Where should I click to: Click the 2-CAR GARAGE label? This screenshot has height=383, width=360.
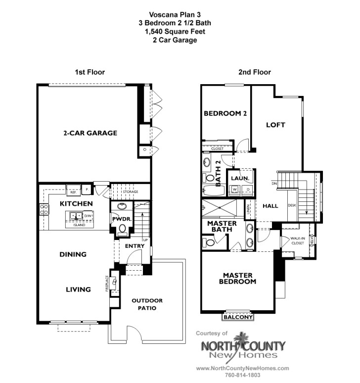pyautogui.click(x=90, y=133)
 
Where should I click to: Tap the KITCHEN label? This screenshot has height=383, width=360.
pyautogui.click(x=76, y=204)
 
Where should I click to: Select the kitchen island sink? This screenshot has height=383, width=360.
pyautogui.click(x=76, y=216)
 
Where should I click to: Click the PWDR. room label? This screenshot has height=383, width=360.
pyautogui.click(x=121, y=218)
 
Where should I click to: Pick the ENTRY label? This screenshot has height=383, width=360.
pyautogui.click(x=134, y=246)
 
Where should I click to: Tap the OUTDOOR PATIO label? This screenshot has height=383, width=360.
pyautogui.click(x=147, y=304)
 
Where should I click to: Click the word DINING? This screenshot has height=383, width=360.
pyautogui.click(x=73, y=254)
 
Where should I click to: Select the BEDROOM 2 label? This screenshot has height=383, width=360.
pyautogui.click(x=225, y=113)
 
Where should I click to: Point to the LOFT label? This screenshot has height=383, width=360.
pyautogui.click(x=275, y=125)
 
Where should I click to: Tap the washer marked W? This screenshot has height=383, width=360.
pyautogui.click(x=235, y=189)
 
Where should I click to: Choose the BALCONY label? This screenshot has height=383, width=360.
pyautogui.click(x=239, y=317)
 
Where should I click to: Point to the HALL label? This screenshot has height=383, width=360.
pyautogui.click(x=270, y=205)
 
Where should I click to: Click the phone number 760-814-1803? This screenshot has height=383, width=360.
pyautogui.click(x=242, y=375)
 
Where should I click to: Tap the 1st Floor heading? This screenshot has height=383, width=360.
pyautogui.click(x=90, y=72)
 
